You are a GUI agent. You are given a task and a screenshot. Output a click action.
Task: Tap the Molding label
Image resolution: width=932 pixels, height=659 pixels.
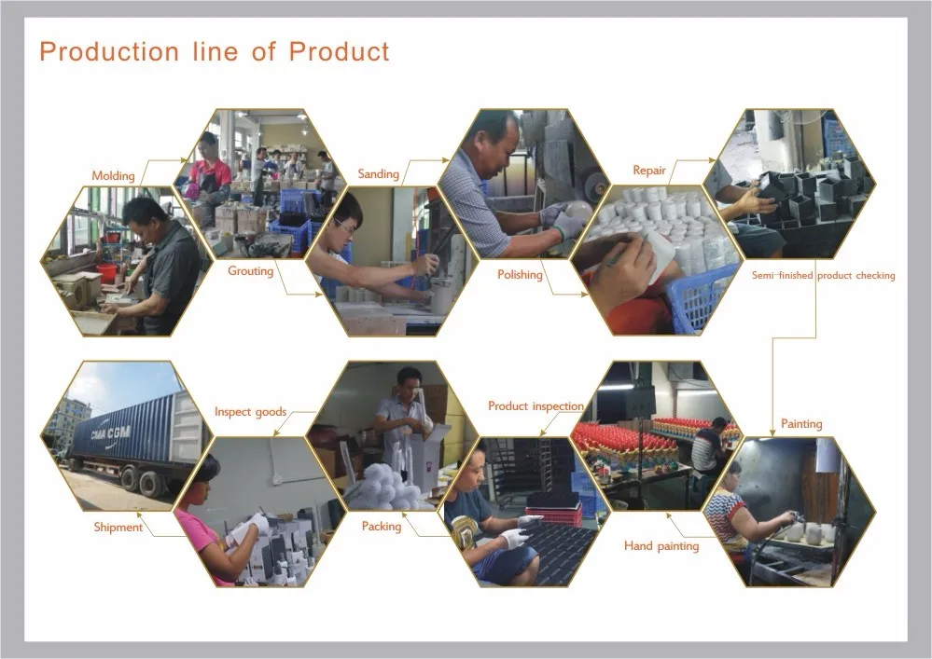click(113, 175)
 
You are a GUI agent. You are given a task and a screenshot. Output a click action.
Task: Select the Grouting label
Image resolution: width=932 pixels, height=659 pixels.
click(250, 271)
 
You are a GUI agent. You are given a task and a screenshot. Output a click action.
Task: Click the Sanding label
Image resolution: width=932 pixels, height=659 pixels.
click(378, 174)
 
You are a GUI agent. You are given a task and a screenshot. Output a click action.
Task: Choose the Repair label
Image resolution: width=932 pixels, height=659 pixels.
click(649, 171)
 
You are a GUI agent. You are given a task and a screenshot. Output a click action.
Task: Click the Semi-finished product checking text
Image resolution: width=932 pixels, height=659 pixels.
click(823, 276)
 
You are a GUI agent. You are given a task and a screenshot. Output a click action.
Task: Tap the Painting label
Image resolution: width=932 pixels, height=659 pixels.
click(801, 424)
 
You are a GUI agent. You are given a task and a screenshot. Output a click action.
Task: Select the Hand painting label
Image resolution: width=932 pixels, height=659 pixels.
click(661, 546)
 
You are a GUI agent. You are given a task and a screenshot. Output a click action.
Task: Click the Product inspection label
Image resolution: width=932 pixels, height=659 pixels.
click(536, 406)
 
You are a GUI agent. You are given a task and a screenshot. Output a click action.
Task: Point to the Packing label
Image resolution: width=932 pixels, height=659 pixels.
click(381, 527)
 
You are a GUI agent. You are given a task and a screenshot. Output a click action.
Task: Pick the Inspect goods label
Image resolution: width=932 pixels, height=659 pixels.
click(250, 412)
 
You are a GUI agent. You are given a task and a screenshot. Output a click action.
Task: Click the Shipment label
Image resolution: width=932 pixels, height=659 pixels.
click(118, 528)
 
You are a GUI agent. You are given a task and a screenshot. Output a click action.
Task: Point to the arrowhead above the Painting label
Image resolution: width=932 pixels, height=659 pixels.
click(772, 431)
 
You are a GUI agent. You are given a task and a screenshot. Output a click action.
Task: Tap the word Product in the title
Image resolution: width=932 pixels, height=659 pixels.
click(338, 51)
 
